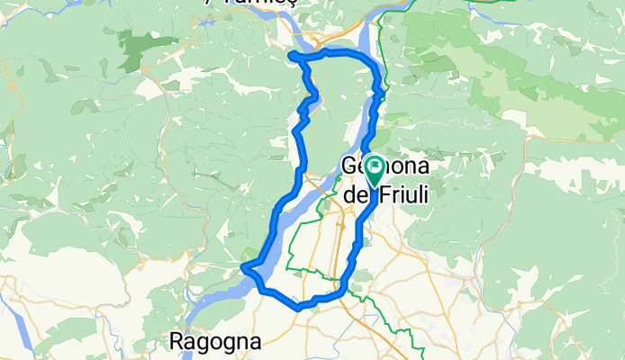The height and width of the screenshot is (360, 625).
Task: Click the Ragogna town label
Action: click(216, 342)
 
